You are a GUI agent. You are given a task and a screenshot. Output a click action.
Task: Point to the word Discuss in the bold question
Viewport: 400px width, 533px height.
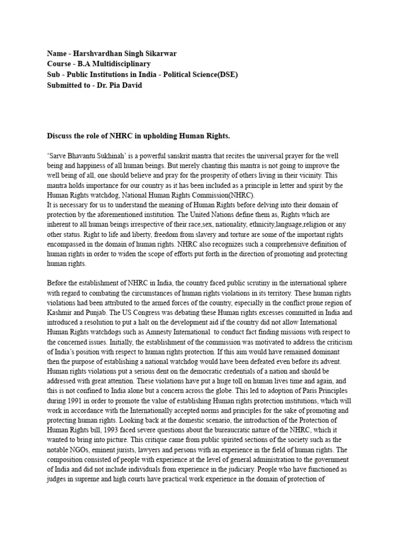[60, 136]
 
